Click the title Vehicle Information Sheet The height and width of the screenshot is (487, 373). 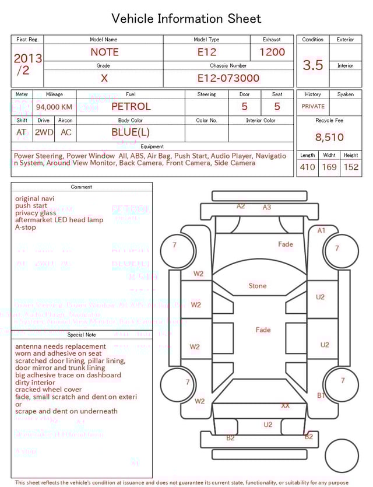point(186,19)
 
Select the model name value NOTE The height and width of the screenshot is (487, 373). point(104,52)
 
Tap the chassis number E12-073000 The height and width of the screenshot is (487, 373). point(228,78)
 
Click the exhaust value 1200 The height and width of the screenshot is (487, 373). point(272,52)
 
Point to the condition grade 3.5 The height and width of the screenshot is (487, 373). point(313,65)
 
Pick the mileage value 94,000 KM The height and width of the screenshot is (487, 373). point(54,107)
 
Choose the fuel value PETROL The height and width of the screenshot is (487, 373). point(131,107)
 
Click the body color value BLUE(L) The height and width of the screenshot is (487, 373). point(131,132)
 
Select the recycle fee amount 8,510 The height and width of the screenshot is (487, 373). point(329,138)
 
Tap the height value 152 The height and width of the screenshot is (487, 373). point(351,167)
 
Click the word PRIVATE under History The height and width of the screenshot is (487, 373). point(313,107)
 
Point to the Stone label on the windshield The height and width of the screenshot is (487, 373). point(258,286)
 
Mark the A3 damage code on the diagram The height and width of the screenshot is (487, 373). point(267,207)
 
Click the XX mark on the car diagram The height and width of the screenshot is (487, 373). point(285,405)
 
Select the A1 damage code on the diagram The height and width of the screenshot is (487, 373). point(321,230)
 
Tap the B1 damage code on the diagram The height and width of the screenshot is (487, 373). point(321,395)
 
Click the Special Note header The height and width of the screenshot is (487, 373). point(82,335)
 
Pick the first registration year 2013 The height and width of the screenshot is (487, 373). point(27,58)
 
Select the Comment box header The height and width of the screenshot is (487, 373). point(82,187)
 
